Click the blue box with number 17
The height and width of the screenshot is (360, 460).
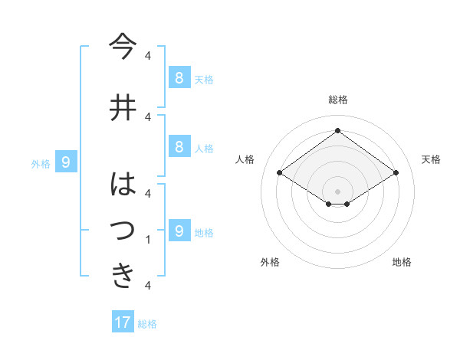click(123, 322)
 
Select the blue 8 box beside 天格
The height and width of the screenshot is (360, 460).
click(179, 77)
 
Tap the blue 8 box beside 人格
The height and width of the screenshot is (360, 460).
click(179, 147)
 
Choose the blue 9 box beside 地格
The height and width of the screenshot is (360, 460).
click(179, 231)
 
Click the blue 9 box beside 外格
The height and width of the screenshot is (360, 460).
click(67, 162)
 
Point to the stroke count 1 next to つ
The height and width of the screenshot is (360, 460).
click(147, 240)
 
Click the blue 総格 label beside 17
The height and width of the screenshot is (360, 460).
click(147, 324)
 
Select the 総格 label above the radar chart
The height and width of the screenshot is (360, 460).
click(337, 100)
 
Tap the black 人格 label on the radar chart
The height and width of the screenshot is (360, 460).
click(245, 159)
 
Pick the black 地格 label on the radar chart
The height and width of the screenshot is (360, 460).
click(402, 262)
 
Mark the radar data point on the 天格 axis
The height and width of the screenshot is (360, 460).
click(396, 173)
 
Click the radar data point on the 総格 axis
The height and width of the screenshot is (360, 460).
click(337, 130)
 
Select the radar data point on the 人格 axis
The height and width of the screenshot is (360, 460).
click(279, 173)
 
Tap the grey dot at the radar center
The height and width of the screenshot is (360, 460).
click(337, 190)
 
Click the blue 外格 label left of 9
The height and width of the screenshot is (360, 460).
click(41, 163)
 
